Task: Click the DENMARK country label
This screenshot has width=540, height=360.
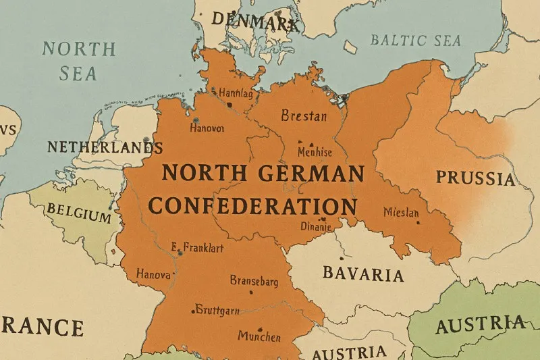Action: coord(254,22)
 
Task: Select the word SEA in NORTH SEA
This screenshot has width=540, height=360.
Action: coord(78,73)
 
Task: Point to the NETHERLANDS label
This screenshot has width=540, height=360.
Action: coord(105,147)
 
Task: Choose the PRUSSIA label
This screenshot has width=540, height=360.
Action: coord(475,178)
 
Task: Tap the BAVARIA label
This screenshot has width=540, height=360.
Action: coord(363,274)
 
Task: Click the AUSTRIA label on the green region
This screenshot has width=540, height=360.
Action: coord(480,326)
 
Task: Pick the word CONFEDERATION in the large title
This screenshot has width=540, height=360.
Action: coord(252,205)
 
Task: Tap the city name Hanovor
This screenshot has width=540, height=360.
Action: coord(208,127)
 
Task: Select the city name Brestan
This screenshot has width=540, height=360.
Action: coord(304,115)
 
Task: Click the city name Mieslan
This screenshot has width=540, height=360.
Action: coord(401,213)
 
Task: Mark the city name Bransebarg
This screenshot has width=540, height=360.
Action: coord(254,280)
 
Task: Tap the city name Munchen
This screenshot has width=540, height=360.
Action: coord(260,335)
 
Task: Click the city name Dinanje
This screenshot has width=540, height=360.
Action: coord(315,227)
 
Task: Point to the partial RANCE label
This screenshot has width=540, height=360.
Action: coord(42,328)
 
